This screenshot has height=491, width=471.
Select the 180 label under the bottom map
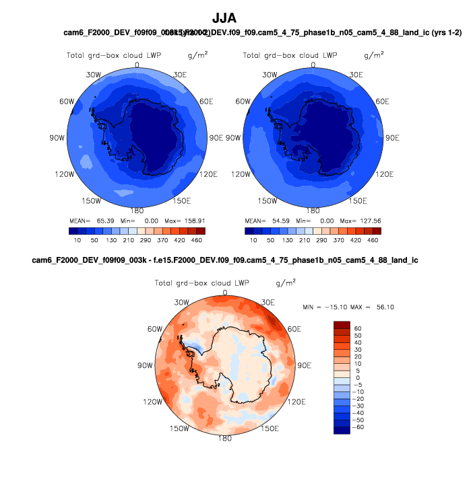tap(225, 438)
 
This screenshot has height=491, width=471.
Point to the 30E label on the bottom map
tap(268, 302)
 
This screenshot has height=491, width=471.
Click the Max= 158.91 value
tap(186, 221)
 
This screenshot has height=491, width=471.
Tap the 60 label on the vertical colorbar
tap(358, 328)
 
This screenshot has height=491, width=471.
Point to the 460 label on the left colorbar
tap(196, 239)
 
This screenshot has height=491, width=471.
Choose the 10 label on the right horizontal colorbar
tap(254, 239)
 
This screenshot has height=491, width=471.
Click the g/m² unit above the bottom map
tap(286, 282)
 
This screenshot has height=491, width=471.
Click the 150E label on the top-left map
tap(181, 200)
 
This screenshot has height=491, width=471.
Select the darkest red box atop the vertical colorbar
tap(342, 325)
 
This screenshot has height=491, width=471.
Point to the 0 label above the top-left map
tap(137, 65)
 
